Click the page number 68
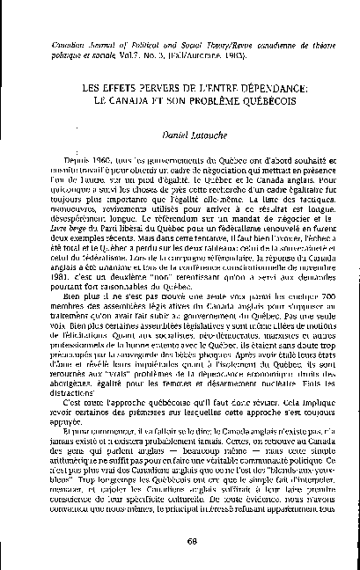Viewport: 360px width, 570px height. tap(180, 540)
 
